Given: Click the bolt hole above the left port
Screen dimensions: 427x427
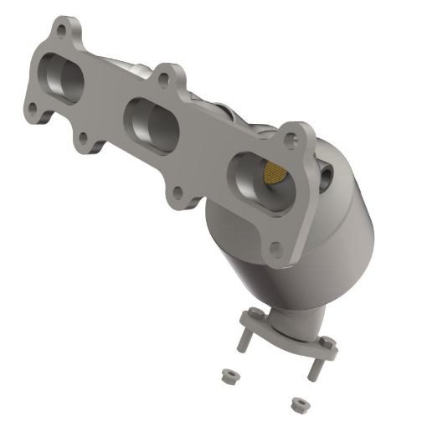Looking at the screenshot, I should tap(61, 31).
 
